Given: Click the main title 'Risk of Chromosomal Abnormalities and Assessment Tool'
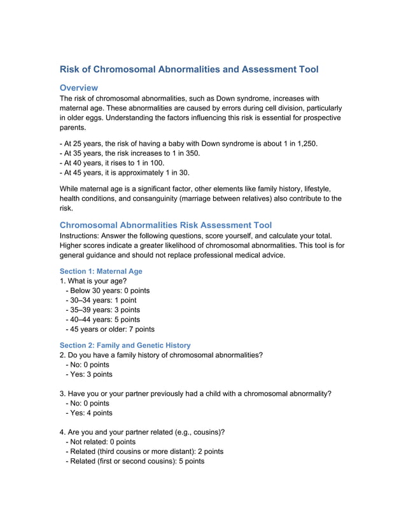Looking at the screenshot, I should coord(189,69).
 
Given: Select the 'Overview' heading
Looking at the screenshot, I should coord(79,87).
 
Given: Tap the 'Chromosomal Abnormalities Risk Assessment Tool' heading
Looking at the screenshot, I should coord(165,225).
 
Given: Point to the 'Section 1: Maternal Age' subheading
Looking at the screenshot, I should coord(101,271).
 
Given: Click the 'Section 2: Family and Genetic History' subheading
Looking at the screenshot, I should coord(125,345).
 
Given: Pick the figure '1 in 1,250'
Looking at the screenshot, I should coord(298,144).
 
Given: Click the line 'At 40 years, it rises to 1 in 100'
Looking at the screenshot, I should coord(122,163).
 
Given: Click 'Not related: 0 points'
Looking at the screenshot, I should coord(101,442).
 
